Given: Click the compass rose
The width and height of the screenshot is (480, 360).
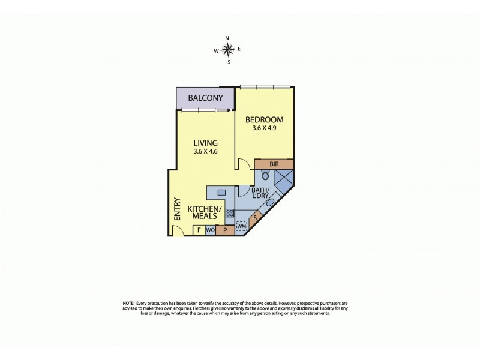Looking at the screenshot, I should pos(227,50).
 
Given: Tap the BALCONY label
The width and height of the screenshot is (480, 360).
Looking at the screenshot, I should pos(205,98).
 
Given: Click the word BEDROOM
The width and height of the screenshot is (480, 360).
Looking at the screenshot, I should pos(264,119).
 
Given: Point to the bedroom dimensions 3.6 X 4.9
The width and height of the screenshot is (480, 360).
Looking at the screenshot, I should pos(264,128).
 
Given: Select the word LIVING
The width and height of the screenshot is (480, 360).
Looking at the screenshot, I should pos(205,143).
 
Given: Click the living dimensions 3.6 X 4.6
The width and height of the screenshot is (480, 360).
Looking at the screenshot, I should pos(205,152).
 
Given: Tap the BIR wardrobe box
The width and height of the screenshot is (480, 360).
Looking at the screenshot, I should pos(274,163).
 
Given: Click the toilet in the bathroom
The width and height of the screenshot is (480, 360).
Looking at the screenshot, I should pos(266,176).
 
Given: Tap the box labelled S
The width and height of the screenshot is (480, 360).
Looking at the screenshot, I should pos(256,218).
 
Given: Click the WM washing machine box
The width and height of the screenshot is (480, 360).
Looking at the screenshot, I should pos(242,227).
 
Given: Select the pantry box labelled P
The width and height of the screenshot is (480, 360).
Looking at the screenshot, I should pos(225,230).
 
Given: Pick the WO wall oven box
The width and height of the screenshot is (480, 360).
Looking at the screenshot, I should pos(210,230).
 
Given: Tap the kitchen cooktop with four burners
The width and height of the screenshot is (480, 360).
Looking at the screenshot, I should pos(229,212).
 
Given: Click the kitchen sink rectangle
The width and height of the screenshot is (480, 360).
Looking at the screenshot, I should pos(221,193).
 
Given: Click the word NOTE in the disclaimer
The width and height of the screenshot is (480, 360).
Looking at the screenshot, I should pos(129,304).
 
